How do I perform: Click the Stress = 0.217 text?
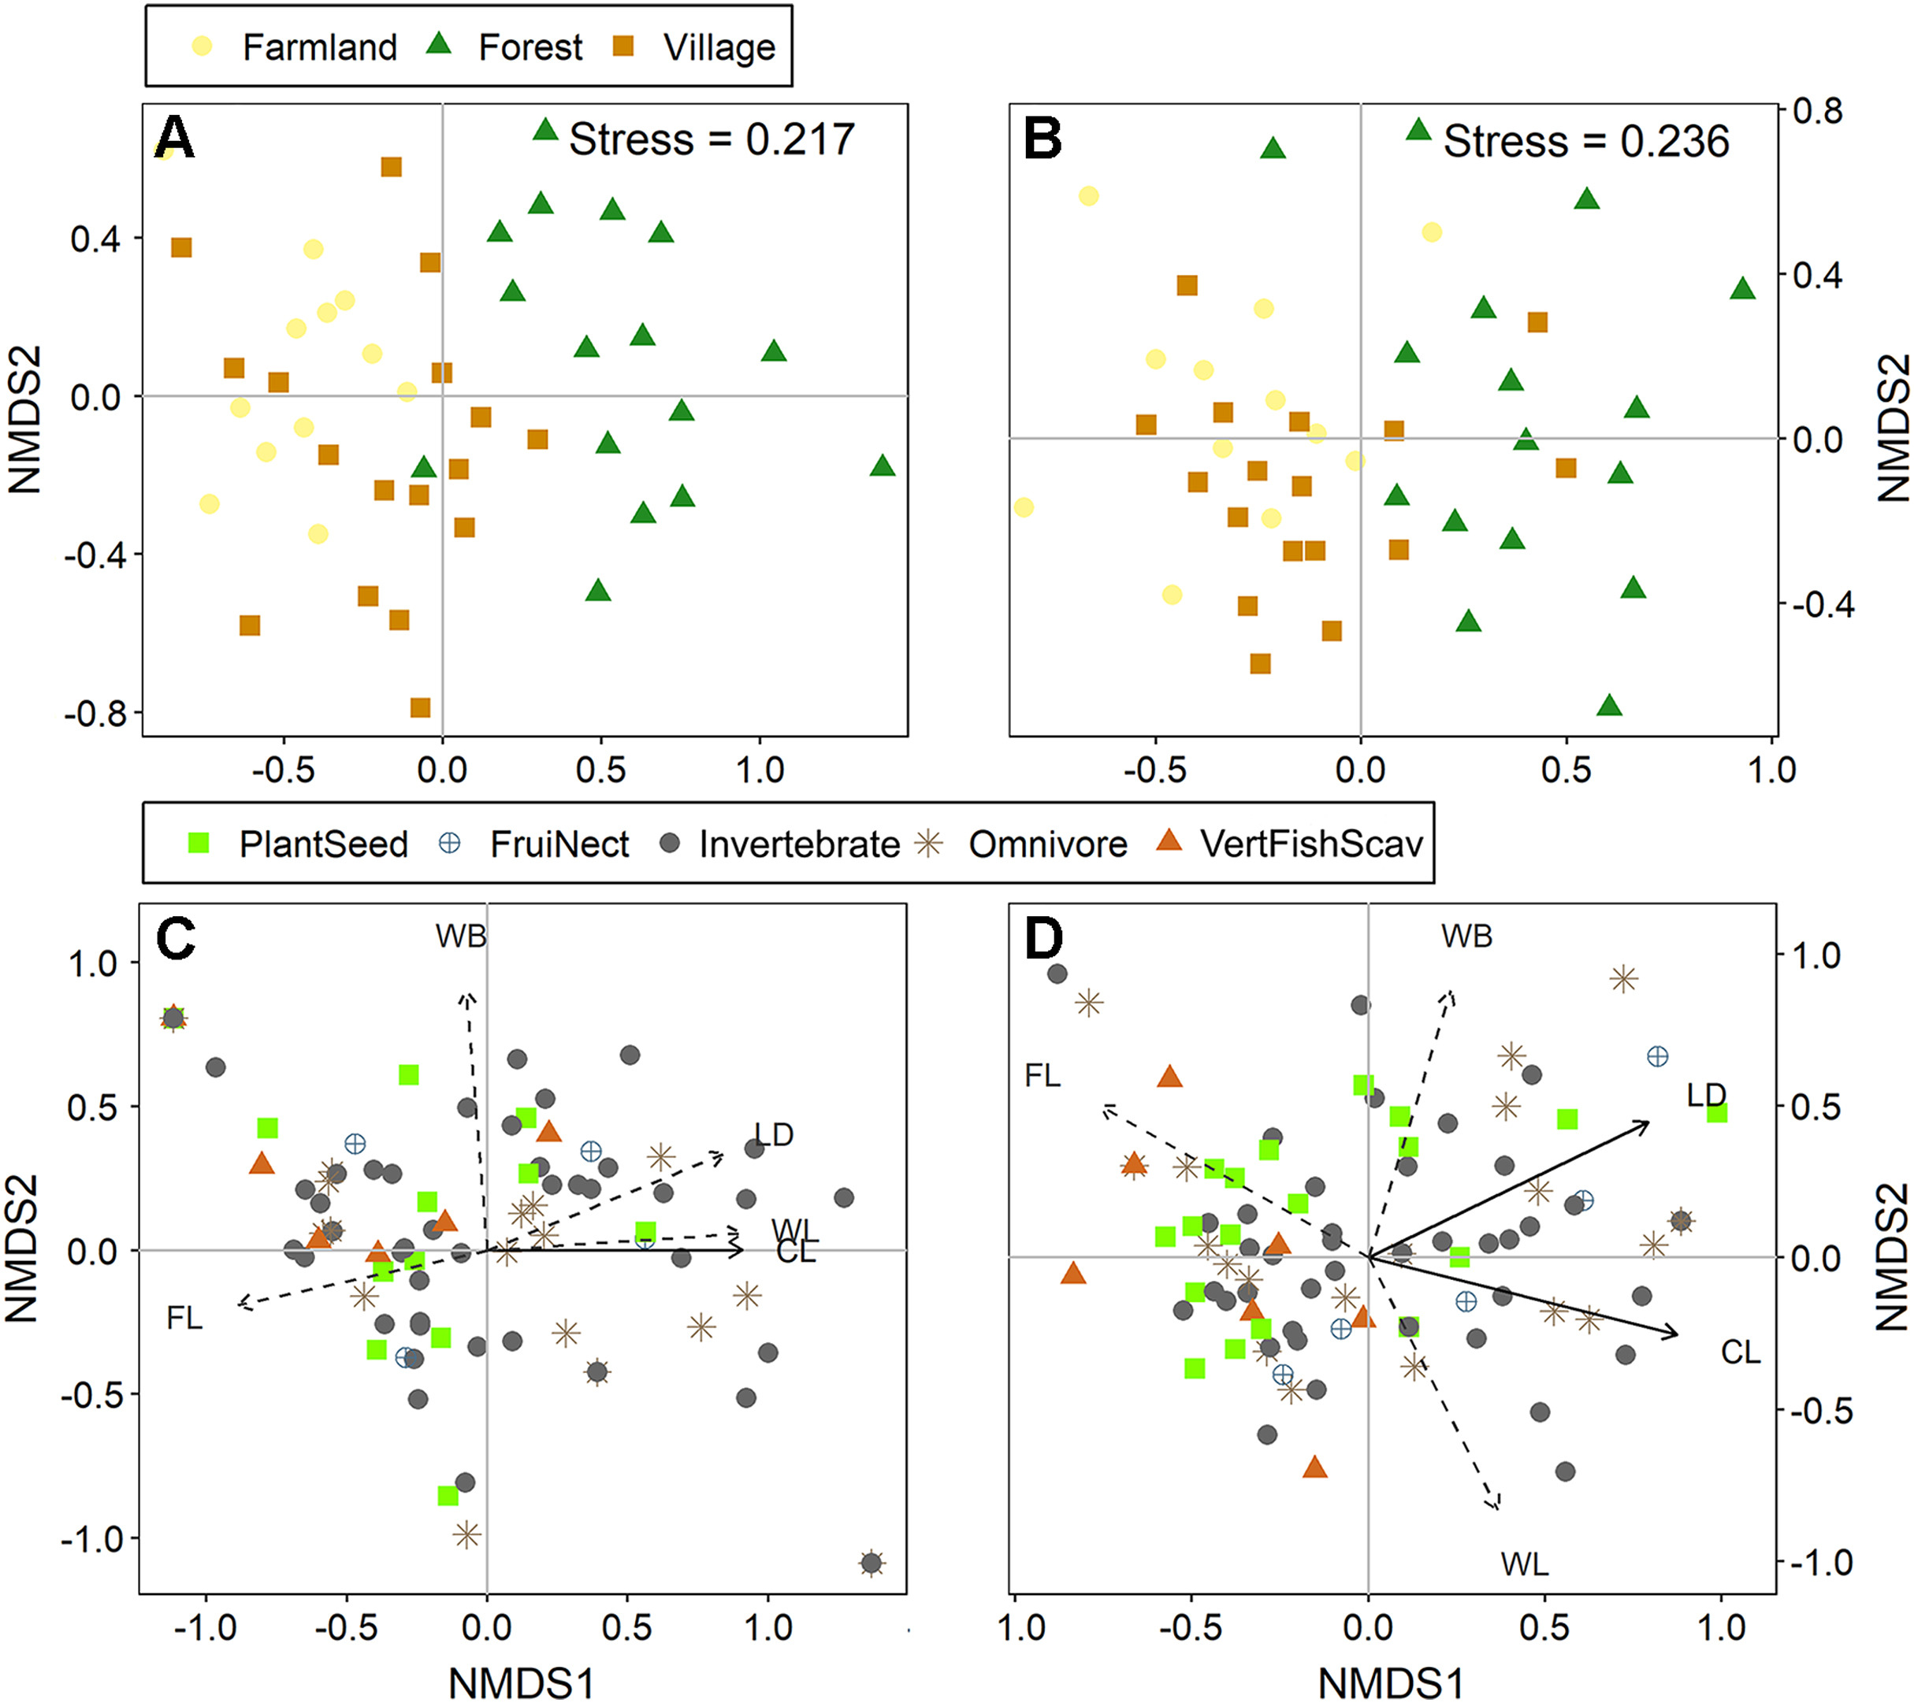712,140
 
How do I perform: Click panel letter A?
174,139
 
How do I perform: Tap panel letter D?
1044,939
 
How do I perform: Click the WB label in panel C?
461,937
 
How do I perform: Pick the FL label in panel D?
1042,1076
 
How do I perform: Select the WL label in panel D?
1525,1564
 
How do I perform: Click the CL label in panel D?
1741,1352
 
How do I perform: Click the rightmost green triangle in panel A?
882,466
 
